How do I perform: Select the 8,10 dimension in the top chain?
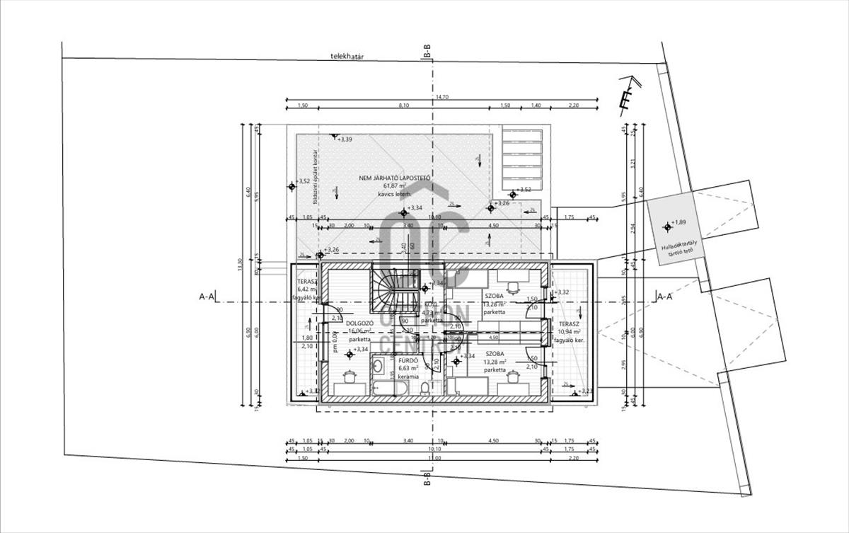[x=404, y=105]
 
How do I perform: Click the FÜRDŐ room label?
[x=407, y=360]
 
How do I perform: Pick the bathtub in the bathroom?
[x=388, y=389]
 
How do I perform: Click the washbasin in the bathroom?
[x=378, y=367]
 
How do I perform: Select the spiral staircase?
[x=392, y=290]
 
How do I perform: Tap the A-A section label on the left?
[x=207, y=297]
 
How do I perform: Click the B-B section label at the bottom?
[x=427, y=481]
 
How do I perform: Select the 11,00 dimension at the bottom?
[x=434, y=458]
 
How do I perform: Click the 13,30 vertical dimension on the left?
[x=241, y=265]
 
